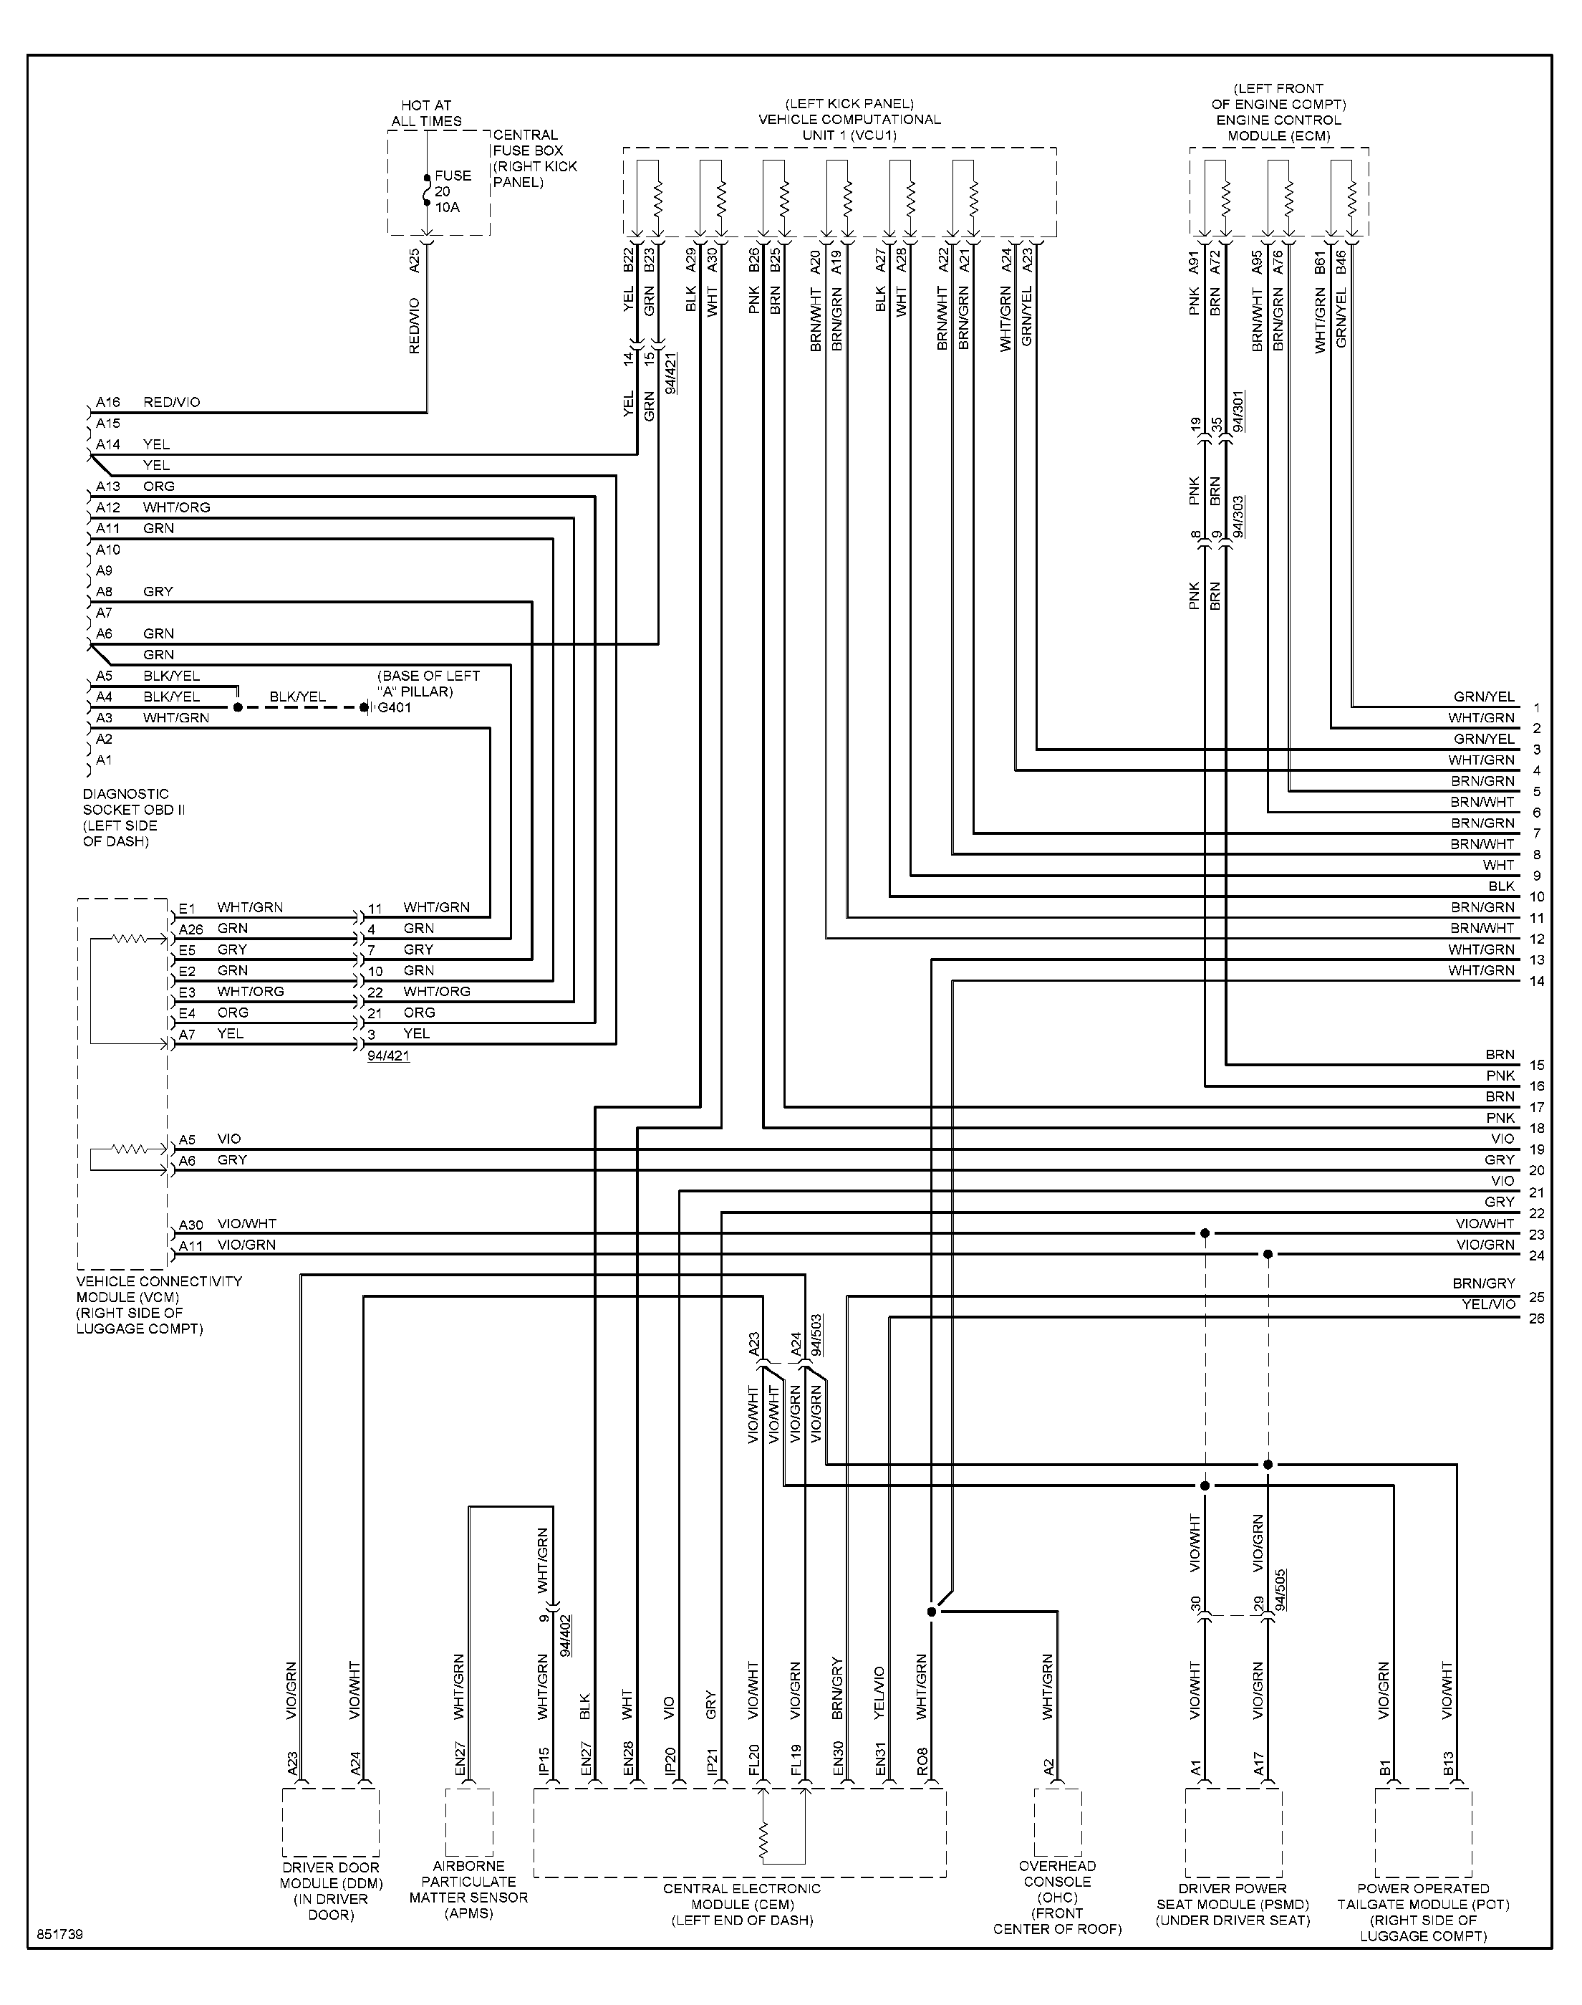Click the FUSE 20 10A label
[453, 191]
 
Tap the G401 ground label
[395, 708]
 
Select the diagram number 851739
[60, 1935]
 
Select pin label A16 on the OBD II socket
[108, 402]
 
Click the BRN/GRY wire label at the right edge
[1484, 1283]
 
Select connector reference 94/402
[566, 1635]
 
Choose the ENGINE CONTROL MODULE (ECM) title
[1279, 128]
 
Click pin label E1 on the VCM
[187, 908]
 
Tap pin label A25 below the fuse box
[415, 260]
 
